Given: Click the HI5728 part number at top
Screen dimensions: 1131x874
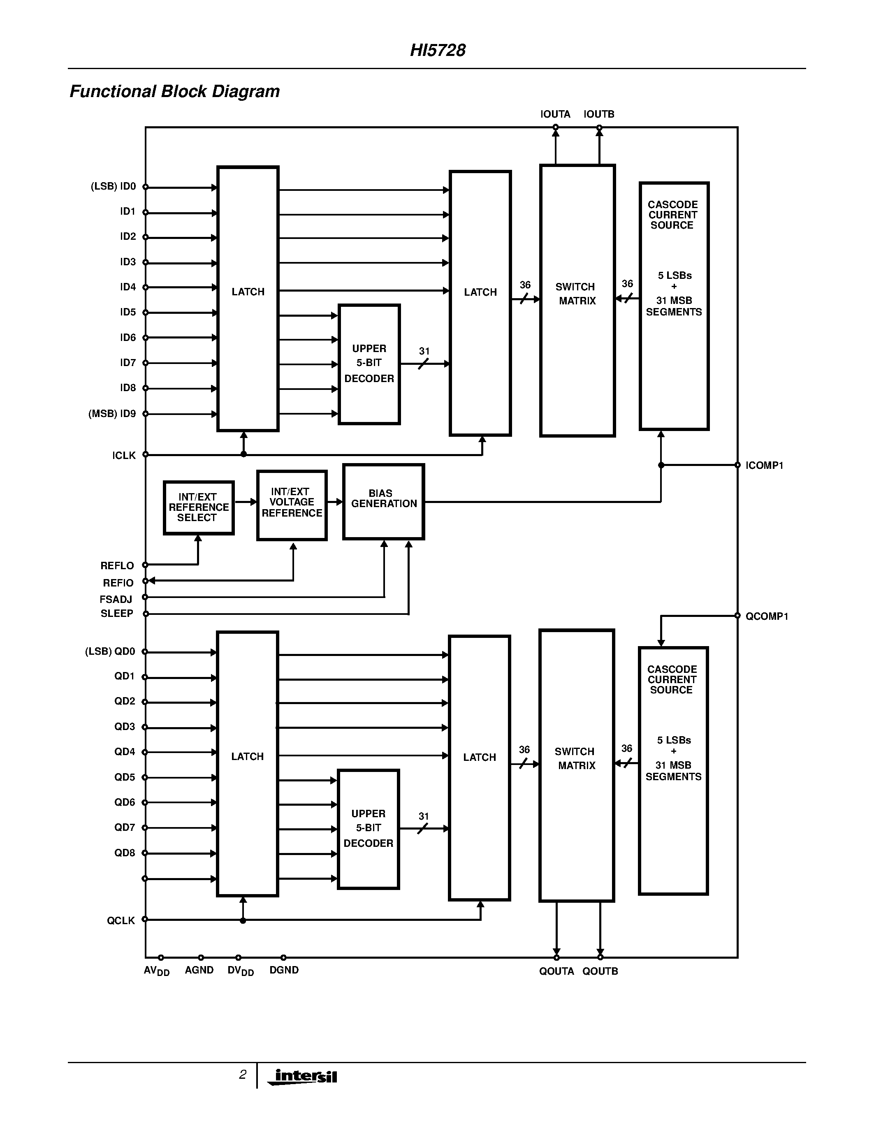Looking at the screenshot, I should pos(438,50).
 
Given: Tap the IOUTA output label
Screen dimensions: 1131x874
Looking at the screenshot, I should pos(555,114).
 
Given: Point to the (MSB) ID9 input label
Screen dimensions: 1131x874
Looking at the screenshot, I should pos(112,414).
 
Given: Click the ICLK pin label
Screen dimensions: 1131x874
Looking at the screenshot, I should pos(124,456).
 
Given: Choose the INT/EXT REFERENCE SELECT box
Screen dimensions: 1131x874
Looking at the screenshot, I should pos(198,508).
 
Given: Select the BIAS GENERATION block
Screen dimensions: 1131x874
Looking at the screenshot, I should pos(384,501).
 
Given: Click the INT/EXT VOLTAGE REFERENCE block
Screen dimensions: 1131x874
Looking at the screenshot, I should pos(292,505).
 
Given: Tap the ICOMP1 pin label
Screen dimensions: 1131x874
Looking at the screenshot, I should pos(764,466).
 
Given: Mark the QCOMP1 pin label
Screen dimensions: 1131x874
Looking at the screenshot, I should pos(766,616).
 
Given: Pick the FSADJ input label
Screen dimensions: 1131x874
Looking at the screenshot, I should pos(116,599).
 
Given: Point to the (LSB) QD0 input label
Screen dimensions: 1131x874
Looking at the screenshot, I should pos(110,651).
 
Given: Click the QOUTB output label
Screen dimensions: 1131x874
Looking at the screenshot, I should pos(600,971).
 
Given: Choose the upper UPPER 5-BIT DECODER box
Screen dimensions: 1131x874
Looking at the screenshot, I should pos(369,364).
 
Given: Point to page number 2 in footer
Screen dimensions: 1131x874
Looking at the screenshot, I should pos(242,1075).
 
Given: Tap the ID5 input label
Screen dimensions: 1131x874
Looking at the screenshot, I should pos(128,312).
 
